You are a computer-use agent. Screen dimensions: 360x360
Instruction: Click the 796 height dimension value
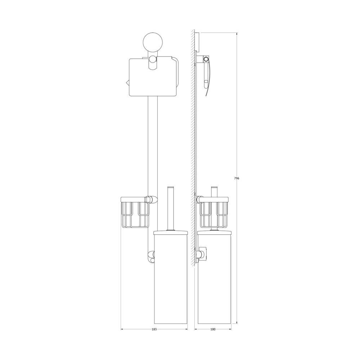pos(237,178)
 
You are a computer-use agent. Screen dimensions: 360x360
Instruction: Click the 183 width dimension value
pos(154,329)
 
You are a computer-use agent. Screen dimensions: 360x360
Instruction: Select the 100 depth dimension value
pos(213,329)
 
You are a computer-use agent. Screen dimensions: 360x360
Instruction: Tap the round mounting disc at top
pos(153,43)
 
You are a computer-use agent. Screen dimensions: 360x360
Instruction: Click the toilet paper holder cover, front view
pos(153,77)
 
